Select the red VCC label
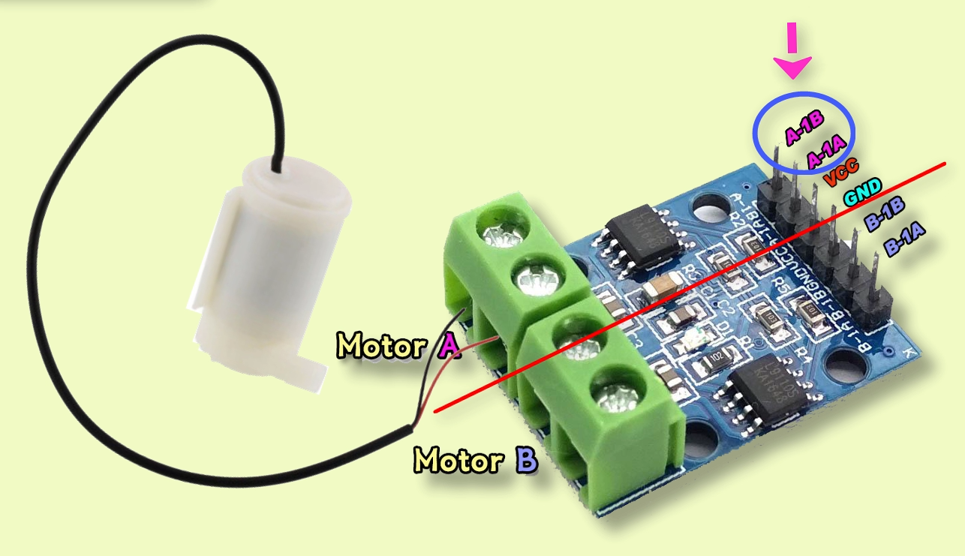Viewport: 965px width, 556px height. pyautogui.click(x=841, y=173)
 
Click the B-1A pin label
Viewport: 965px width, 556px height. pyautogui.click(x=904, y=242)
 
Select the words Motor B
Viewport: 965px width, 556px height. pyautogui.click(x=476, y=459)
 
